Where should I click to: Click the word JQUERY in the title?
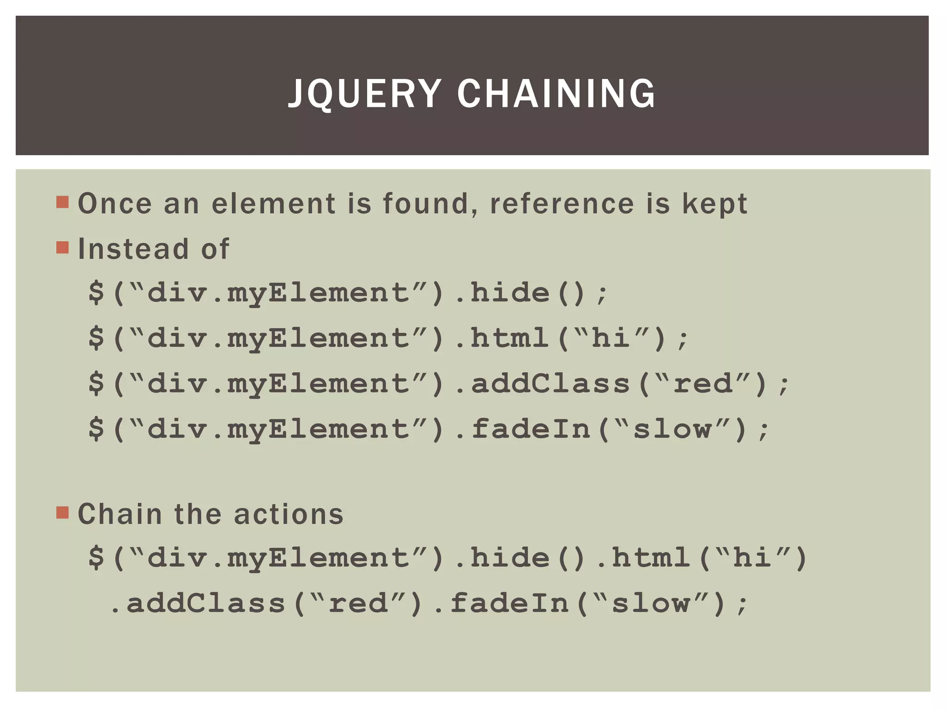(364, 93)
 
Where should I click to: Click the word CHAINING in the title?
(556, 93)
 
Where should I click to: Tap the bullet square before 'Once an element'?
(62, 202)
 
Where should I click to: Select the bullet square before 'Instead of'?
(62, 248)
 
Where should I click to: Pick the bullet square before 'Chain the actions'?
(62, 513)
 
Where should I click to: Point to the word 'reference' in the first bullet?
(561, 203)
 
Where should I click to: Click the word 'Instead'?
(133, 249)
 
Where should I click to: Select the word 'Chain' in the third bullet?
(120, 514)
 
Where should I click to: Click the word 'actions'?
(289, 514)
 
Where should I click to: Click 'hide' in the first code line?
(510, 293)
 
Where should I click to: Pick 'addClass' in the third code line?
(550, 384)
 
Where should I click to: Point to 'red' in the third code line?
(703, 384)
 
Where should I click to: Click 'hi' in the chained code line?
(752, 557)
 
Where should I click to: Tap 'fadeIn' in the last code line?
(510, 603)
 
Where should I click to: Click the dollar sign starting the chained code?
(96, 557)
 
